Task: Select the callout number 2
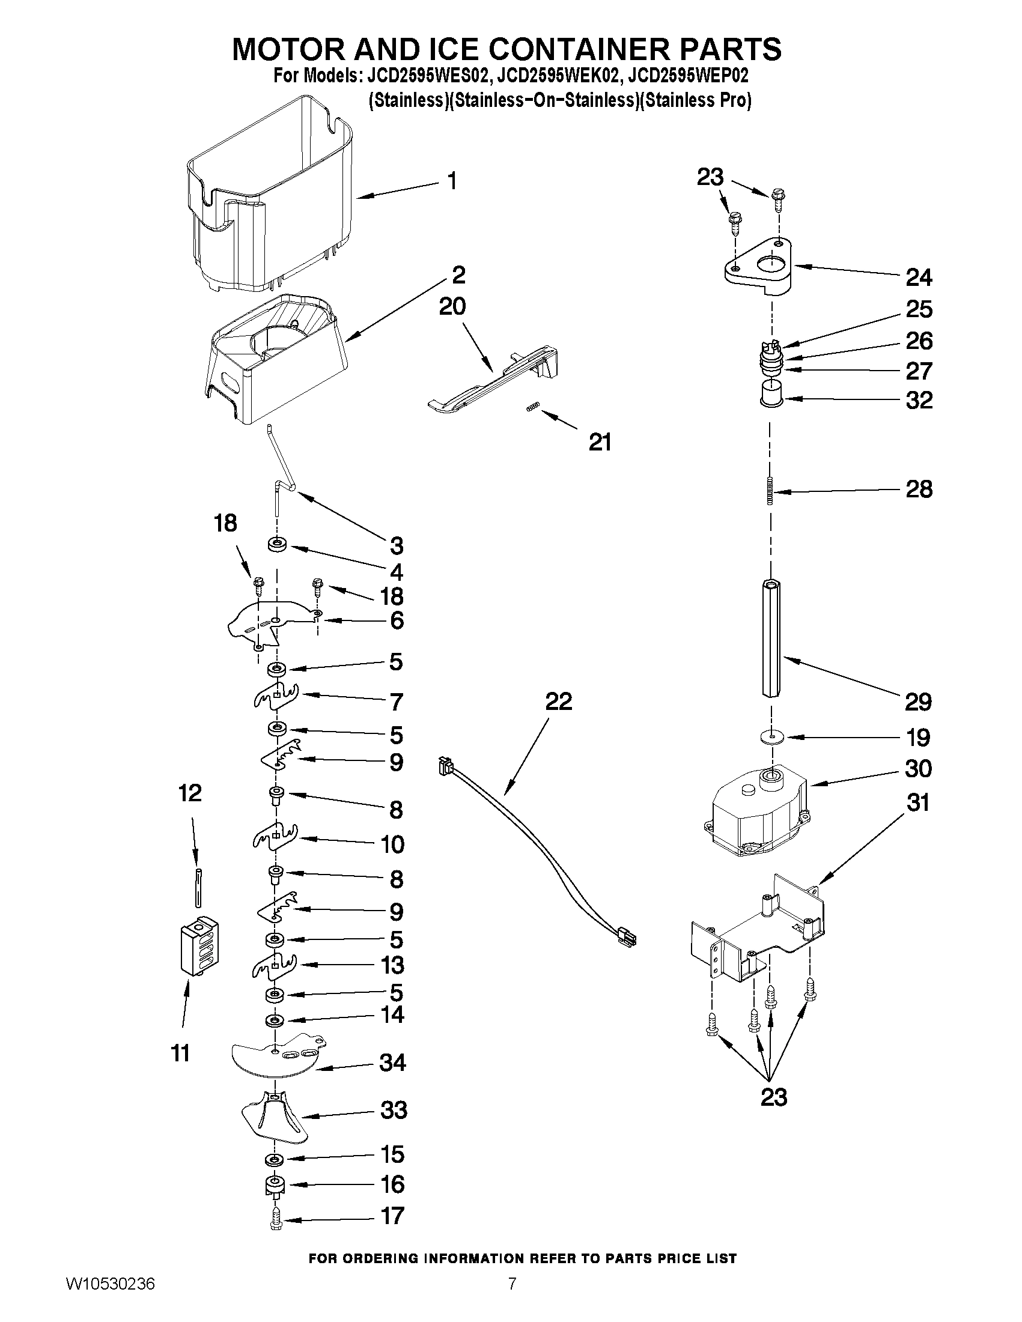(x=459, y=275)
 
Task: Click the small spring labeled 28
(x=770, y=491)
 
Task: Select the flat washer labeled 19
(x=770, y=736)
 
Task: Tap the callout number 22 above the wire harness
(x=558, y=702)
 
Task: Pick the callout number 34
(x=392, y=1062)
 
